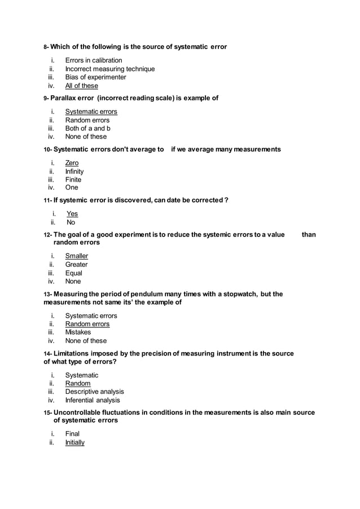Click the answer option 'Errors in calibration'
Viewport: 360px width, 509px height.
tap(93, 60)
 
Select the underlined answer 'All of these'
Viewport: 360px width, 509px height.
tap(81, 86)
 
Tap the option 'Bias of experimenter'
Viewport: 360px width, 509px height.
tap(95, 77)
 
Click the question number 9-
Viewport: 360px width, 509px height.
tap(47, 99)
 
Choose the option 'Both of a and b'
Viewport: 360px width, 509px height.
tap(87, 128)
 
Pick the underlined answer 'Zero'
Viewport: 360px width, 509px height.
tap(72, 163)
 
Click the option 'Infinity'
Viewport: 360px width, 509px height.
tap(74, 172)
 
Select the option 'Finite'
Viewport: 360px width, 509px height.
tap(73, 180)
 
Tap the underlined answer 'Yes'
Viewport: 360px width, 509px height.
tap(72, 214)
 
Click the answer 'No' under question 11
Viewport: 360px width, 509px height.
tap(71, 222)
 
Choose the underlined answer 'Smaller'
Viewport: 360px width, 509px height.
tap(76, 256)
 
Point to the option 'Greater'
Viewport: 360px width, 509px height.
tap(76, 265)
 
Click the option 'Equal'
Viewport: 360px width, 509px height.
tap(73, 273)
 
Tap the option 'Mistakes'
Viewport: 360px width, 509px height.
tap(78, 332)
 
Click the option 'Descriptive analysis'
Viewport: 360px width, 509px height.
tap(94, 392)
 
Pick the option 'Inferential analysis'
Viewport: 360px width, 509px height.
tap(93, 400)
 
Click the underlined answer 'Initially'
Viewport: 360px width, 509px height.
tap(74, 442)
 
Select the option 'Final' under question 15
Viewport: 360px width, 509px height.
tap(72, 434)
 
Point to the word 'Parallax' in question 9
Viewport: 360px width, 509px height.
tap(67, 98)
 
